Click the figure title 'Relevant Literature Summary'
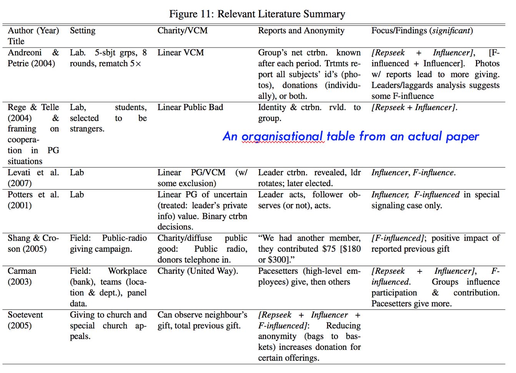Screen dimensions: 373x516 281,14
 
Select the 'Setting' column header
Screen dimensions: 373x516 83,31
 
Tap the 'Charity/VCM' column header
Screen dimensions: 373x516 182,31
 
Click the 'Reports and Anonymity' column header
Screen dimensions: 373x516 301,31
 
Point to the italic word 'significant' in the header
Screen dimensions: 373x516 451,31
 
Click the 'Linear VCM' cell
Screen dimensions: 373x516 180,53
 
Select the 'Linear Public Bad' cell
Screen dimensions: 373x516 190,107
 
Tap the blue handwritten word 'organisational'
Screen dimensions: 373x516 282,137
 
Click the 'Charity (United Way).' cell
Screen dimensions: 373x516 198,271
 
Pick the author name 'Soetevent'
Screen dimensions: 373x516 25,315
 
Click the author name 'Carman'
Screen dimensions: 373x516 22,271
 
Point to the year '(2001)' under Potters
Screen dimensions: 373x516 20,205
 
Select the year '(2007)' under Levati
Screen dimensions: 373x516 20,183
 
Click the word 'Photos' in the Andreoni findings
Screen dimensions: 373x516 487,63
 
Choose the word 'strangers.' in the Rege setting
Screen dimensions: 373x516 87,129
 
